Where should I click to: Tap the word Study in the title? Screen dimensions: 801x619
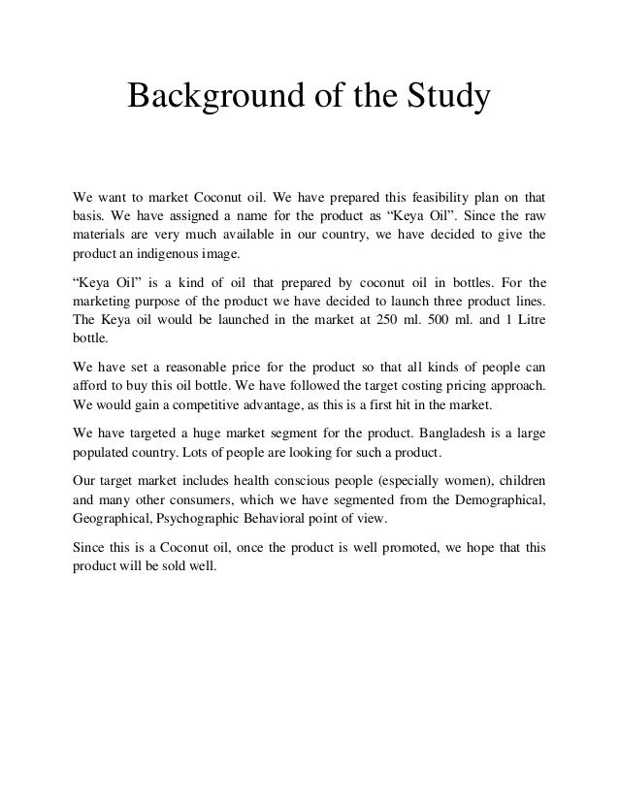tap(445, 98)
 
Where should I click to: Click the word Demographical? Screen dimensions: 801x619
tap(492, 499)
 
